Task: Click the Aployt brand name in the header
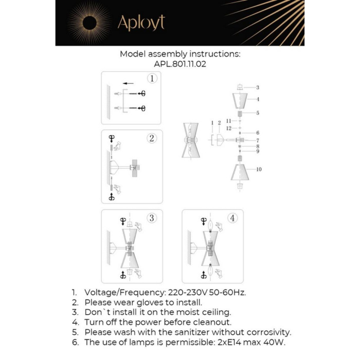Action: click(x=141, y=23)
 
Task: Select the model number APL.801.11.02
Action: click(x=180, y=65)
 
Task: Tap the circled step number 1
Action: click(x=151, y=79)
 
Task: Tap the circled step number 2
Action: click(x=151, y=138)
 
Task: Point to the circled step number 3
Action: click(x=152, y=218)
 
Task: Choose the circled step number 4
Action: click(x=233, y=218)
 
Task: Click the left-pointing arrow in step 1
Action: click(x=128, y=83)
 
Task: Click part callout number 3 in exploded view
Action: click(x=258, y=87)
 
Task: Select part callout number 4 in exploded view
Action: click(x=258, y=99)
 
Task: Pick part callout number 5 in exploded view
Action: click(x=258, y=112)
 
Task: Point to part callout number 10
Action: click(x=259, y=169)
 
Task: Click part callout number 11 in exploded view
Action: click(x=229, y=120)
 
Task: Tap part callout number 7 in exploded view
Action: click(x=258, y=140)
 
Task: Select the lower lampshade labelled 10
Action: click(x=240, y=172)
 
